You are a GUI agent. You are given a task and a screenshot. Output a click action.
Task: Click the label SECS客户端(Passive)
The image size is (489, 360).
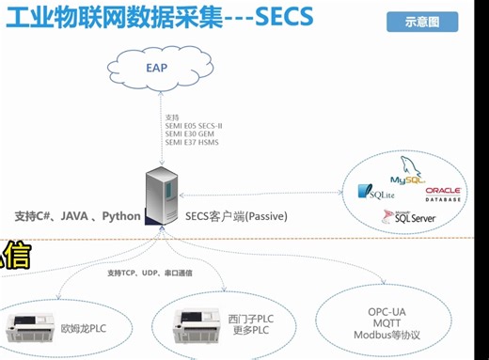click(x=235, y=216)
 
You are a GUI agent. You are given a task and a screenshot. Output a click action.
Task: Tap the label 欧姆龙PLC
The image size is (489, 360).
click(x=83, y=329)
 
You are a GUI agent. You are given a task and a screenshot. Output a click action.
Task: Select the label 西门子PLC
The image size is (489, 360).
click(x=248, y=319)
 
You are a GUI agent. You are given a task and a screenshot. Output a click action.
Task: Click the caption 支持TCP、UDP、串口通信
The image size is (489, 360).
click(x=148, y=273)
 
